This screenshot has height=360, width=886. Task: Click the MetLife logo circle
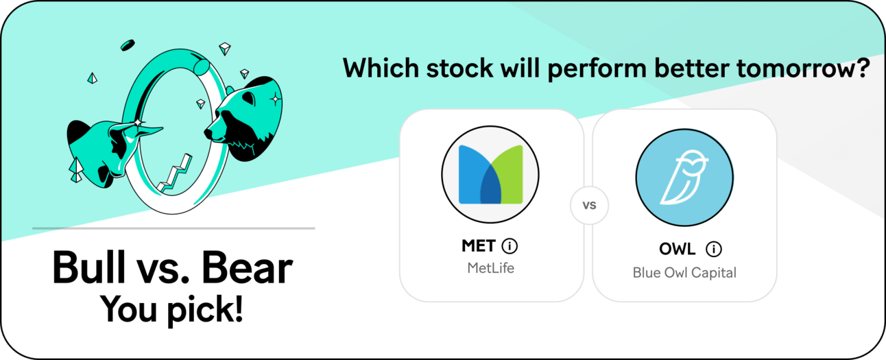tap(490, 174)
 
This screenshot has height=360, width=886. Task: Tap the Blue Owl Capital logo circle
tap(684, 177)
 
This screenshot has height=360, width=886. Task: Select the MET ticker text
tap(478, 246)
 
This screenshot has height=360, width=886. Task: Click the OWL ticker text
tap(677, 249)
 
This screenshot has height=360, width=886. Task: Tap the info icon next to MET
tap(510, 246)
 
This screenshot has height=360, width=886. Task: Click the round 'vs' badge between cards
tap(589, 205)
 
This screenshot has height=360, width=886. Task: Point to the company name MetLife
tap(490, 268)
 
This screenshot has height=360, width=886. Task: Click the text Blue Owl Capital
tap(684, 273)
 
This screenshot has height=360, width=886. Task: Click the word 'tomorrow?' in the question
tap(803, 69)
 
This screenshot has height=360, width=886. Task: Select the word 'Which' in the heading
tap(381, 68)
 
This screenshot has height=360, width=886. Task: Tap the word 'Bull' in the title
tap(89, 268)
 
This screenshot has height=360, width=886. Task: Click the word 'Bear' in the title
tap(247, 268)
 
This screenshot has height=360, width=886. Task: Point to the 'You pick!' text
tap(171, 309)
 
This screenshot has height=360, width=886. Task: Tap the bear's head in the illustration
tap(244, 119)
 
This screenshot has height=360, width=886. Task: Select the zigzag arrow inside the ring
tap(174, 173)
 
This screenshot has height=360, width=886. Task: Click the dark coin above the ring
tap(128, 45)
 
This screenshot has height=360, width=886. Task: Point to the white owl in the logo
tap(684, 177)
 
